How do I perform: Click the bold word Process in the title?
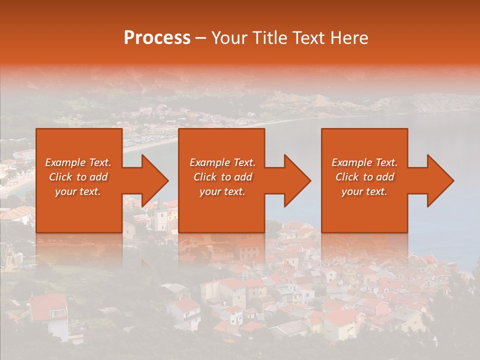tap(157, 38)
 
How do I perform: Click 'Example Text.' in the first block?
tap(78, 162)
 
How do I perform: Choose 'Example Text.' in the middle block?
tap(222, 162)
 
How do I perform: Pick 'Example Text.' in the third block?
tap(364, 162)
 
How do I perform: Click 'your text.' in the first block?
tap(78, 191)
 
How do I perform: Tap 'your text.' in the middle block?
tap(222, 191)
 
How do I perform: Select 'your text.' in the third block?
tap(364, 191)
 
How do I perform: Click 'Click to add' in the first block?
tap(78, 177)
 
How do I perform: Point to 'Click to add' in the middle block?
tap(222, 177)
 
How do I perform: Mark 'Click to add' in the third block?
tap(364, 177)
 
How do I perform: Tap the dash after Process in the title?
tap(201, 38)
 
